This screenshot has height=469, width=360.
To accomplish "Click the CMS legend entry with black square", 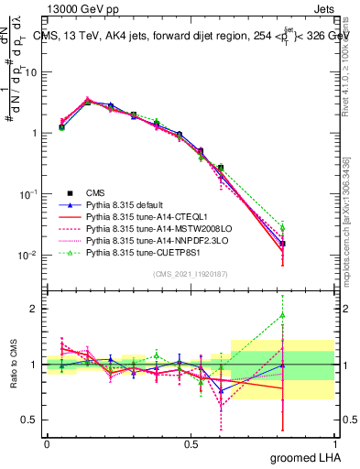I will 94,192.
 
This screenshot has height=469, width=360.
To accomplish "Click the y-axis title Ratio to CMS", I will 13,364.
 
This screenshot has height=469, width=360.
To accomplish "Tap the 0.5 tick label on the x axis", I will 191,444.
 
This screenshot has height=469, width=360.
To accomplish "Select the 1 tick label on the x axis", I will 334,444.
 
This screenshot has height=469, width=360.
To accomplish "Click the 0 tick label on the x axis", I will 47,444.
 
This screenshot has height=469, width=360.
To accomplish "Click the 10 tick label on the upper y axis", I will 30,71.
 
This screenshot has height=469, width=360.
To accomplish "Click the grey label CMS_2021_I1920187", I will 191,274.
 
